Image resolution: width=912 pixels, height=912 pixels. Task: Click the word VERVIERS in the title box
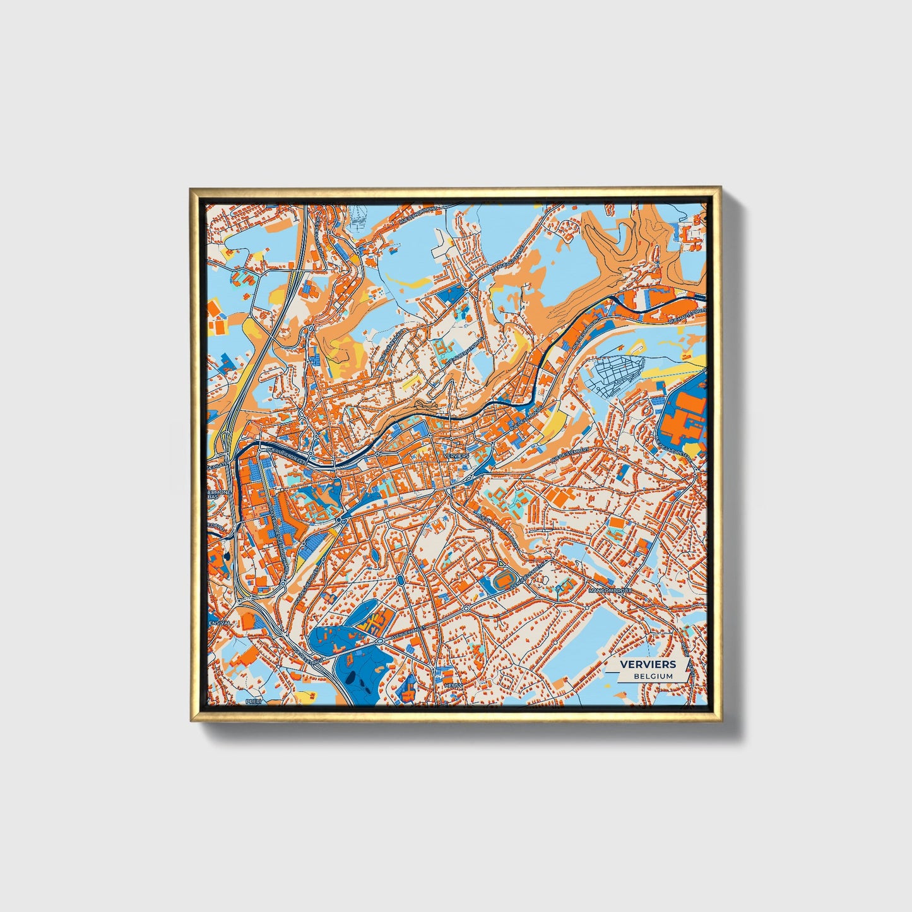[x=647, y=664]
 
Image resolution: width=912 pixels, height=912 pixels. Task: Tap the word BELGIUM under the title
[x=653, y=676]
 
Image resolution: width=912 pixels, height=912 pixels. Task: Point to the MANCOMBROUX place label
[x=610, y=591]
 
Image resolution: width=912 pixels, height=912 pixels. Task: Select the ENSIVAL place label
[x=220, y=622]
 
